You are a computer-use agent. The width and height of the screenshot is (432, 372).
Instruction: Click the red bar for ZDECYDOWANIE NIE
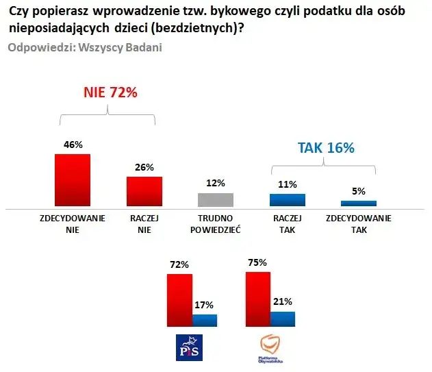click(73, 179)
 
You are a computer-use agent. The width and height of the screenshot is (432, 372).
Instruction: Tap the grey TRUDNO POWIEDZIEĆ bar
click(215, 199)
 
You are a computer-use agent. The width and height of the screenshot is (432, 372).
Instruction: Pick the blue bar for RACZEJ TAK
click(288, 199)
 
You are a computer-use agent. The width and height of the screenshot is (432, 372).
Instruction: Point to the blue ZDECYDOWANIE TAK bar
click(359, 203)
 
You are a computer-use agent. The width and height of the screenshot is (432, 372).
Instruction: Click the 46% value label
click(73, 145)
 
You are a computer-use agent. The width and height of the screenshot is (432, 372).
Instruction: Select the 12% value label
click(215, 183)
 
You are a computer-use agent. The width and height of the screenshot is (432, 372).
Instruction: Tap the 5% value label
click(359, 191)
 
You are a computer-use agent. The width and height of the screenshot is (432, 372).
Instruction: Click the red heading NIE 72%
click(110, 92)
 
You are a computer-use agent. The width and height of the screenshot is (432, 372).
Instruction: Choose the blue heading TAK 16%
click(325, 147)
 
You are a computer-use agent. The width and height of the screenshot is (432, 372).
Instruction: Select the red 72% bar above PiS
click(181, 300)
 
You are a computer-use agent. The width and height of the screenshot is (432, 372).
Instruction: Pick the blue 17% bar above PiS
click(205, 321)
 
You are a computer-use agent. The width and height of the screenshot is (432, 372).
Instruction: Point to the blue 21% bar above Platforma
click(282, 319)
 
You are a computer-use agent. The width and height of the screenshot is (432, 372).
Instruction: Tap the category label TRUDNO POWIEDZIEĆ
click(215, 224)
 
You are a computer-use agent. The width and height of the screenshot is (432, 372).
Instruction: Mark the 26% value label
click(144, 166)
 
